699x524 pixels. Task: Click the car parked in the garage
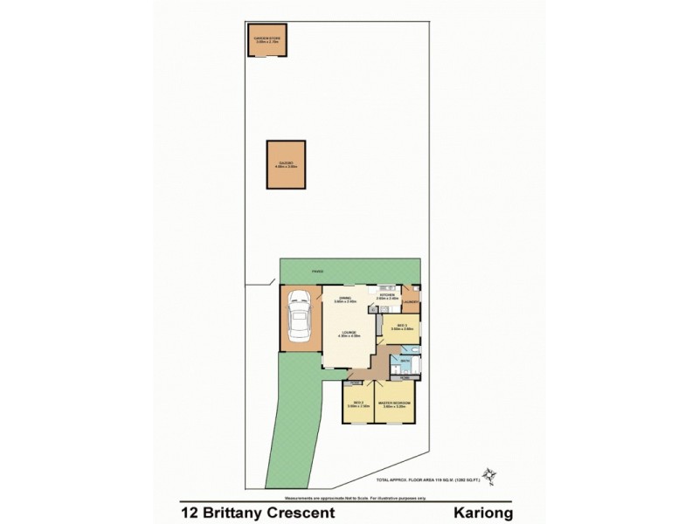coord(299,320)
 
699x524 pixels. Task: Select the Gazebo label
coord(286,163)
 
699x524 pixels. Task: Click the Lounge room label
coord(348,333)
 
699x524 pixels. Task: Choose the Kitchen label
coord(388,296)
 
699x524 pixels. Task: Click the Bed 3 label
coord(401,327)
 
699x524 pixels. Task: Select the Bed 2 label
coord(358,403)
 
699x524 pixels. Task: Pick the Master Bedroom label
coord(395,403)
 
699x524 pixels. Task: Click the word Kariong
coord(481,514)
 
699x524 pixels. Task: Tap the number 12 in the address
coord(189,514)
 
